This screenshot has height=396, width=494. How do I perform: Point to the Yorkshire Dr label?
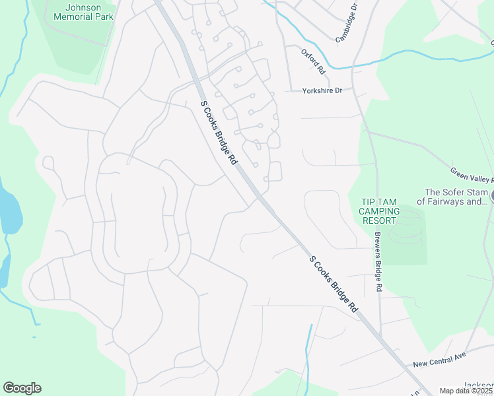[322, 90]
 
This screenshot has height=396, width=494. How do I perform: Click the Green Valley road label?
[472, 176]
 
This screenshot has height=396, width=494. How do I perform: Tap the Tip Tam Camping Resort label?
[378, 211]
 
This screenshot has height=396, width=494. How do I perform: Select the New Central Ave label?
[439, 360]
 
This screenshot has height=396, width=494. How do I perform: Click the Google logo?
[22, 388]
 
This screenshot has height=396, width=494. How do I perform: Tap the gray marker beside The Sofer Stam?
[491, 195]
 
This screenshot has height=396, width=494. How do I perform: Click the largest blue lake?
[10, 209]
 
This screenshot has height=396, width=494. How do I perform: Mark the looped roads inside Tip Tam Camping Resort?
[402, 228]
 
